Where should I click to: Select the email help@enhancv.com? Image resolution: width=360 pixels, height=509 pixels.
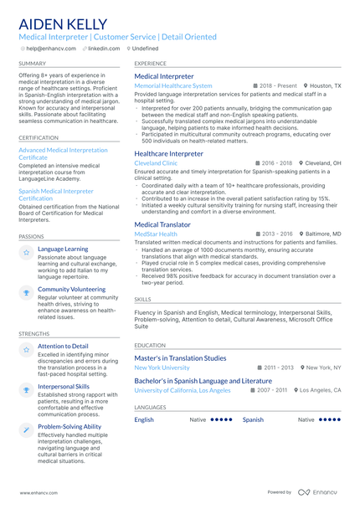click(49, 49)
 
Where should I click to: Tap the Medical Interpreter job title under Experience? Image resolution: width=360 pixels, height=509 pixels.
click(164, 76)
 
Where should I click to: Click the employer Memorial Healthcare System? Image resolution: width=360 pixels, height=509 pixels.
click(173, 86)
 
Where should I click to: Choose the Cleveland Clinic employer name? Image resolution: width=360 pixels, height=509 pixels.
click(156, 163)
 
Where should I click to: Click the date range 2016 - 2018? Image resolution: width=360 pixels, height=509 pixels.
click(277, 163)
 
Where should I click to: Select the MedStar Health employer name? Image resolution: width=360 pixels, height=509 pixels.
click(156, 234)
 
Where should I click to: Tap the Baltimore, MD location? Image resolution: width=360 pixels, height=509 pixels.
click(321, 234)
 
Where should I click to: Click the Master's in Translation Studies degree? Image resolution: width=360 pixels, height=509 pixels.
click(180, 357)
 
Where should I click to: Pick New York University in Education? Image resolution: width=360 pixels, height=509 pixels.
click(162, 368)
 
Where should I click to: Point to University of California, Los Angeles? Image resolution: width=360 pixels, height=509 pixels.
click(182, 390)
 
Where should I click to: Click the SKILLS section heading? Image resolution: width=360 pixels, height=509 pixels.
click(142, 299)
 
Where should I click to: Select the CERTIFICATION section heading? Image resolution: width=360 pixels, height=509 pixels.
click(39, 136)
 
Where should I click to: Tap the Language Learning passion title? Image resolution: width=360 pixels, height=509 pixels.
click(63, 249)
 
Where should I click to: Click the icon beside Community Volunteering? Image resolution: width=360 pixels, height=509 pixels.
click(27, 291)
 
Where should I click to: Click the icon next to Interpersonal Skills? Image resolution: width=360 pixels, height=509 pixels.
click(27, 389)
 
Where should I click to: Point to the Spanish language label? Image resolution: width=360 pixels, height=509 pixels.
click(253, 419)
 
